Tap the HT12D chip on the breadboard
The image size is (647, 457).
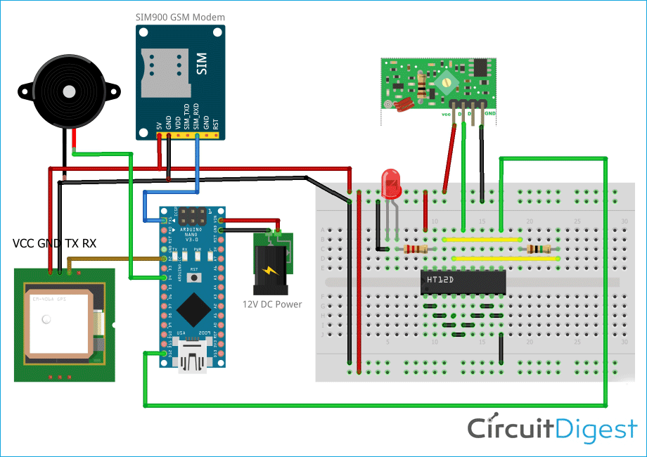pos(463,281)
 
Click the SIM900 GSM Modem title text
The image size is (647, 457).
pos(181,16)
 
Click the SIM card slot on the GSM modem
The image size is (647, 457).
pos(165,73)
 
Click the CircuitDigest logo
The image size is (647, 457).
pos(552,428)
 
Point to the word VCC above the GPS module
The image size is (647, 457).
pos(26,244)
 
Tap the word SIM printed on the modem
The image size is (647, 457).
pos(202,64)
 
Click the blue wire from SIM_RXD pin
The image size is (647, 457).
pos(198,162)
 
